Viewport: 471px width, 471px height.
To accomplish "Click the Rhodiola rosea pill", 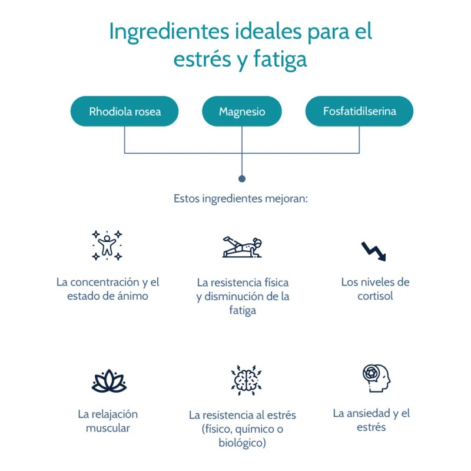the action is coord(124,111).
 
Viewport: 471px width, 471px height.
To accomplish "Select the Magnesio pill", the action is coord(242,111).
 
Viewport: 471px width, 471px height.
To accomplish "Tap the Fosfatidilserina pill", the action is coord(359,111).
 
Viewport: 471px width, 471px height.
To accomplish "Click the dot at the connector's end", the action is coord(241,178).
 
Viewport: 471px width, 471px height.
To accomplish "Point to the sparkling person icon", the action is coord(107,245).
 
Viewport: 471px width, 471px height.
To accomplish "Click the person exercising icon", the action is coord(242,247).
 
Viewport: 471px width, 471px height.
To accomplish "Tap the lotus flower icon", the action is coord(109,381).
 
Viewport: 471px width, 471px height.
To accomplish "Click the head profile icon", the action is coord(376,378).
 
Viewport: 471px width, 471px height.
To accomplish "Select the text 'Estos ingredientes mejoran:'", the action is coord(241,198).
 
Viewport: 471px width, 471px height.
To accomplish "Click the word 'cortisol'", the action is coord(375,296).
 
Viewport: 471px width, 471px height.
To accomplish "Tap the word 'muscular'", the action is coord(108,428).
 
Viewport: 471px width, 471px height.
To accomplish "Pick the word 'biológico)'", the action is coord(242,442).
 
